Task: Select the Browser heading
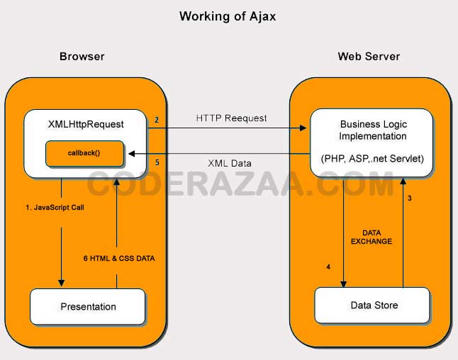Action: click(x=82, y=56)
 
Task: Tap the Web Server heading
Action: click(x=369, y=56)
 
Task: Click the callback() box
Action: click(x=85, y=153)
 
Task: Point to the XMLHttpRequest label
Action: click(x=86, y=125)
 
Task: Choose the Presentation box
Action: click(x=88, y=307)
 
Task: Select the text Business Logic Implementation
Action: click(x=373, y=130)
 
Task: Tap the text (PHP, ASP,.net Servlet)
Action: click(x=373, y=159)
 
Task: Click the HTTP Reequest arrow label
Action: click(x=231, y=118)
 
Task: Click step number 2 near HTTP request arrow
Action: click(x=157, y=120)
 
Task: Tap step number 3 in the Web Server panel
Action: click(x=409, y=198)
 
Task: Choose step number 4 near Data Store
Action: click(x=328, y=267)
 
